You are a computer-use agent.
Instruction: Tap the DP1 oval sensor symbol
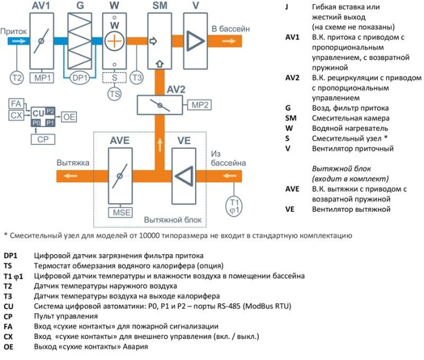coord(80,77)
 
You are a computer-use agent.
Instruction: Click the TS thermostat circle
coord(114,94)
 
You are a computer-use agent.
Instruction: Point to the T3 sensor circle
coord(137,77)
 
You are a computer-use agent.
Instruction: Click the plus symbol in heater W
coord(114,42)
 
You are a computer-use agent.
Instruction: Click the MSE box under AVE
coord(119,212)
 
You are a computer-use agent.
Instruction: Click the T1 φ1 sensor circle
coord(234,205)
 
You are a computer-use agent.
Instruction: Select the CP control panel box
coord(41,139)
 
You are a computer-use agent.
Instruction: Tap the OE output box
coord(70,116)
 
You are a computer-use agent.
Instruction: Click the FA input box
coord(16,104)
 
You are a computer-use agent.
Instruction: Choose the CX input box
coord(16,114)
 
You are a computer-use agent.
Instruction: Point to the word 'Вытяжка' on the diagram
coord(73,163)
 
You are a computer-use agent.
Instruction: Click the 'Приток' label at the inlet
coord(13,29)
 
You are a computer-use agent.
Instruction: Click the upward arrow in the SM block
coord(159,63)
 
